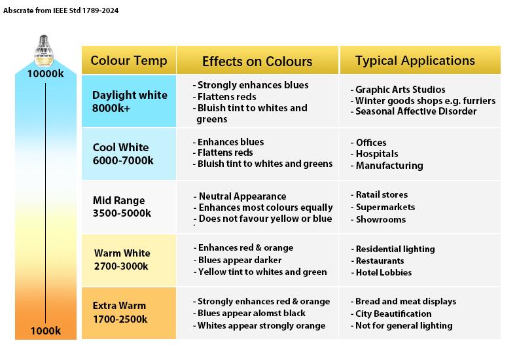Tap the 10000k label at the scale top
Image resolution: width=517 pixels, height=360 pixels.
pos(45,73)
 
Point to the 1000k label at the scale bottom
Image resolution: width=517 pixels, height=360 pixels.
pos(45,331)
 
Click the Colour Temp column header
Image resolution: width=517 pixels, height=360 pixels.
pos(129,61)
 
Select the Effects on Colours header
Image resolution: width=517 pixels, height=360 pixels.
pos(257,62)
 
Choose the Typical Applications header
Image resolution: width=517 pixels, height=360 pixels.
pos(415,61)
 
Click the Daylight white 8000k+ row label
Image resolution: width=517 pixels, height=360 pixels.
pos(130,101)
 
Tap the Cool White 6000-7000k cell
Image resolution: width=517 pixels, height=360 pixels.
pos(123,154)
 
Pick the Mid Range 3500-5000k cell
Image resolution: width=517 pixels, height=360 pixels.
pos(122,207)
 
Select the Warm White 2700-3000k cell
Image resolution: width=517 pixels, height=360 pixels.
pos(122,259)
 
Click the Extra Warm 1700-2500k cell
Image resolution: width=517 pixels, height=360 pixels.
pos(120,312)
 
